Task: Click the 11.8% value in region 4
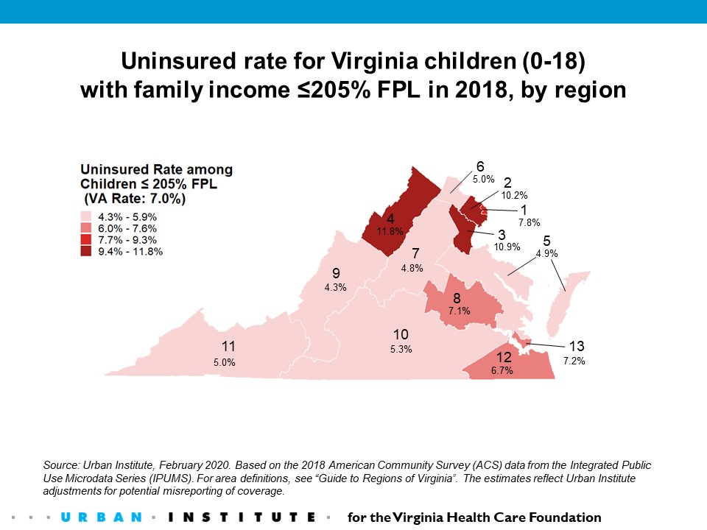[x=390, y=231]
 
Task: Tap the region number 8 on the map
[x=457, y=298]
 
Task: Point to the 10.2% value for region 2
[x=514, y=196]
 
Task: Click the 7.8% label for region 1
[x=529, y=222]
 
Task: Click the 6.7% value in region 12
[x=502, y=370]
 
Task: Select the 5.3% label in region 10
[x=401, y=349]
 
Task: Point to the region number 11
[x=228, y=346]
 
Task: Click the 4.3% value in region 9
[x=335, y=287]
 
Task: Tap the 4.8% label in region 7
[x=412, y=268]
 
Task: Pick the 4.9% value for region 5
[x=547, y=253]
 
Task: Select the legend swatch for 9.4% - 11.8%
[x=84, y=251]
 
